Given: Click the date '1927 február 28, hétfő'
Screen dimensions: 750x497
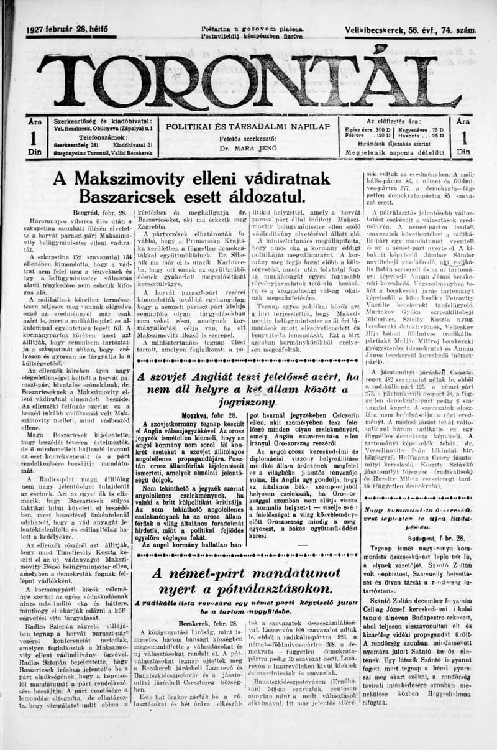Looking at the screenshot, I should coord(67,30).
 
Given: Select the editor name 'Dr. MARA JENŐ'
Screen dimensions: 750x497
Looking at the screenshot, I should coord(247,149).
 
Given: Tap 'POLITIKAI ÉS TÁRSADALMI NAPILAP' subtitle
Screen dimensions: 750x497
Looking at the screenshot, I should coord(247,126).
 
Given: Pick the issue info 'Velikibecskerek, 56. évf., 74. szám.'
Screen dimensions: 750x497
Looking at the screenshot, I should coord(411,30).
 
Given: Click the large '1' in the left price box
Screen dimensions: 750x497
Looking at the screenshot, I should coord(35,138).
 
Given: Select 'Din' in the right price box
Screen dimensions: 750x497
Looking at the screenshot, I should coord(463,152).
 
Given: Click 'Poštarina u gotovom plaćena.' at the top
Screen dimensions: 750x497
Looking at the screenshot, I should coord(252,29).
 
